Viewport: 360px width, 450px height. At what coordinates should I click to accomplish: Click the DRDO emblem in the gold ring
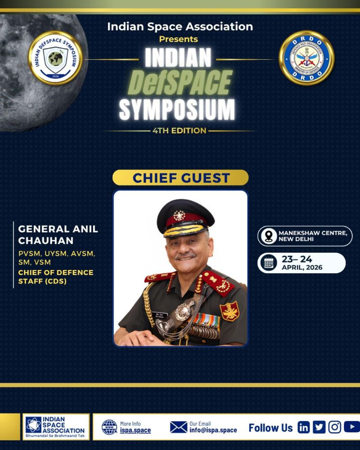point(306,58)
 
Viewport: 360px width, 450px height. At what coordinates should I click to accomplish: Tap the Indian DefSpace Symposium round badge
point(55,58)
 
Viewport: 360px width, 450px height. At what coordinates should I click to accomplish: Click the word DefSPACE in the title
point(180,83)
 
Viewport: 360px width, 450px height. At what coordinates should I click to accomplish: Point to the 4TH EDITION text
point(179,131)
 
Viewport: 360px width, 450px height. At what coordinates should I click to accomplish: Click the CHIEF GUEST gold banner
point(180,178)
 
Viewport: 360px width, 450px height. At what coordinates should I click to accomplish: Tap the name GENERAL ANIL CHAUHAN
point(58,234)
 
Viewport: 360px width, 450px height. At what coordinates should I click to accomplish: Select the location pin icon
point(269,236)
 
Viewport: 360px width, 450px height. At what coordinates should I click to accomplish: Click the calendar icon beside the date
point(269,263)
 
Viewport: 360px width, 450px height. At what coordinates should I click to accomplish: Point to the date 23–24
point(297,259)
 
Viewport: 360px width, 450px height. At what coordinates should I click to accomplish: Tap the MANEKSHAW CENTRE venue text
point(313,232)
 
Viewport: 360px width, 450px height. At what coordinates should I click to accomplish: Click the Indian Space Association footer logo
point(56,427)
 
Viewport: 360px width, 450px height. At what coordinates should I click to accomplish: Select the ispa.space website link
point(135,431)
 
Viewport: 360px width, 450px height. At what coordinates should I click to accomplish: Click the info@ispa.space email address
point(213,430)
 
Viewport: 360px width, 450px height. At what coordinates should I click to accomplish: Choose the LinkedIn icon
point(304,427)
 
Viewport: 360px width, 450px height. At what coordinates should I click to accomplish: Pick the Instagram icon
point(334,427)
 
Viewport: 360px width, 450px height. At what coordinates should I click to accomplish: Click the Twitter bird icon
point(319,427)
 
